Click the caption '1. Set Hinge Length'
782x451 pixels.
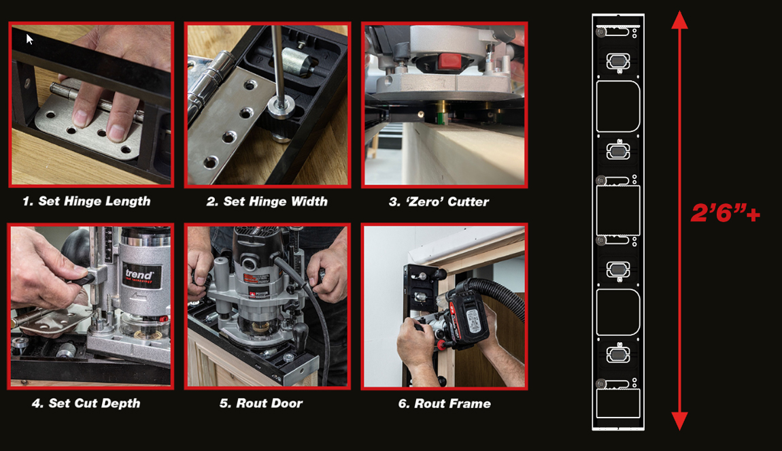point(86,201)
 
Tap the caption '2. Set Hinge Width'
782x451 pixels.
point(267,201)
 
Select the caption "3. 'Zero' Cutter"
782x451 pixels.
point(439,201)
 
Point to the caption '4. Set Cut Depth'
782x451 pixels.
point(86,403)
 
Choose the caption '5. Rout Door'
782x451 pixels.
point(261,403)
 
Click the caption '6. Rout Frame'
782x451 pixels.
point(444,403)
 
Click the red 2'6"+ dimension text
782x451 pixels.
point(725,214)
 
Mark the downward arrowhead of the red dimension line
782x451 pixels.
point(679,420)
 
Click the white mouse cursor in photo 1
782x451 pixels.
point(29,39)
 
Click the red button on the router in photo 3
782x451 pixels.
point(450,62)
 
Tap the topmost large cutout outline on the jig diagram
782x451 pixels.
point(618,106)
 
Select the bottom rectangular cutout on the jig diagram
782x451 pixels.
point(618,403)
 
